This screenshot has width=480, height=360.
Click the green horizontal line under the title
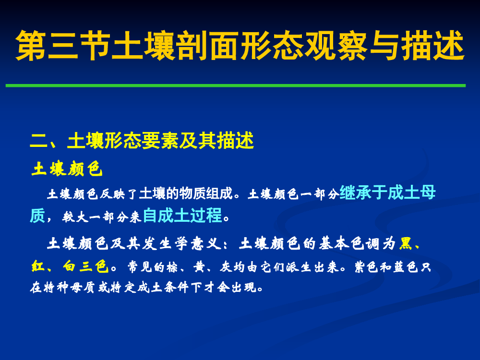click(236, 86)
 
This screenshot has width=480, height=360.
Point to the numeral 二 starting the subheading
click(39, 141)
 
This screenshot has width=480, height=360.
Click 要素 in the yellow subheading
click(160, 141)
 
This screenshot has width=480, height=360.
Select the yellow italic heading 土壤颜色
click(67, 168)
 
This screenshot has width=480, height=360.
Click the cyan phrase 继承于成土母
click(387, 192)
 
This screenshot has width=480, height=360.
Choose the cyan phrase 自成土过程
click(182, 215)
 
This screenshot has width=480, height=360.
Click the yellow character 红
click(38, 266)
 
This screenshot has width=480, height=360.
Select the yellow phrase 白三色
click(86, 266)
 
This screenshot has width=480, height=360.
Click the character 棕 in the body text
click(172, 267)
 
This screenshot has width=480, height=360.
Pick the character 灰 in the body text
click(226, 267)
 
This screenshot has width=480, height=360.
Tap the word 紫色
click(366, 267)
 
